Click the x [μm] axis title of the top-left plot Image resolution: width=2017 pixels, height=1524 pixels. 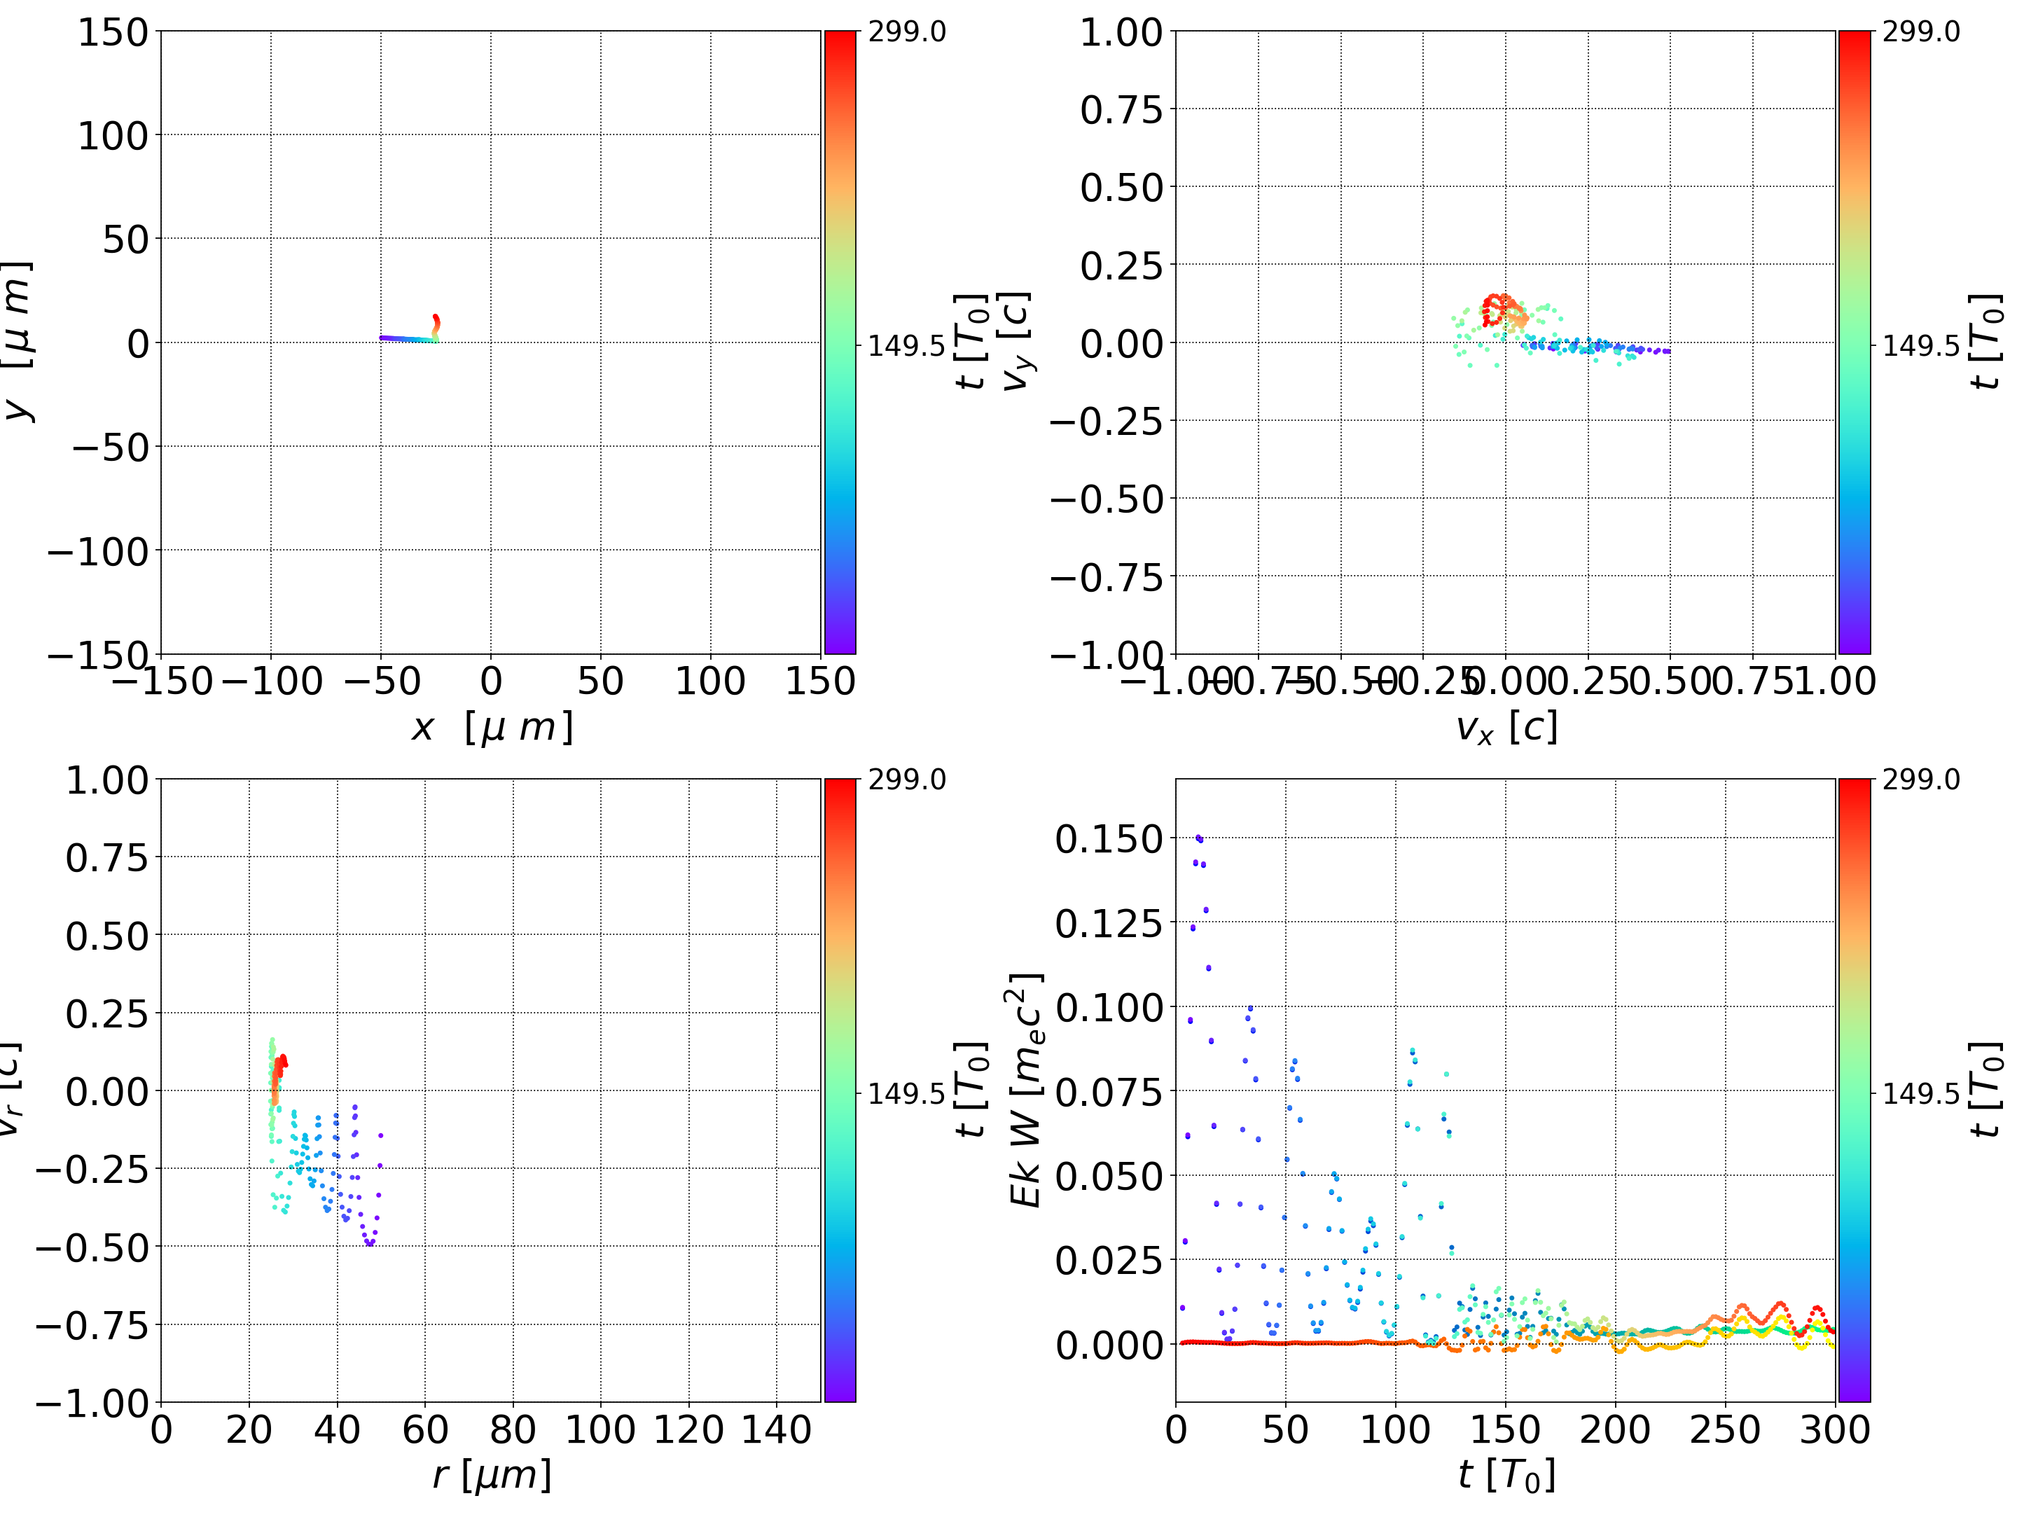point(492,728)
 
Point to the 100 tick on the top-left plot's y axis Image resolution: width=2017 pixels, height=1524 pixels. point(112,136)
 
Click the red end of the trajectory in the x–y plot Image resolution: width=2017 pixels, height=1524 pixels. point(436,318)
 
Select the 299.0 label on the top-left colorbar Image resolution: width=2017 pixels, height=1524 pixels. point(906,33)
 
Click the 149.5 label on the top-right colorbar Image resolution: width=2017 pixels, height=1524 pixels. point(1920,346)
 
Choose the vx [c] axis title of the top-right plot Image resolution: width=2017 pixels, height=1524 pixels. point(1506,728)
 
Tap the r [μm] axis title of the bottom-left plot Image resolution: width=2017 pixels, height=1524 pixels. point(492,1476)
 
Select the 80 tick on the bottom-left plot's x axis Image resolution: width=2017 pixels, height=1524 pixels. point(513,1429)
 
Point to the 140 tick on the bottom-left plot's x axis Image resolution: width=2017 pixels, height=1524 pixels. point(776,1429)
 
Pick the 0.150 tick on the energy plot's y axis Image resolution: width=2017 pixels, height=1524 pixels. point(1109,839)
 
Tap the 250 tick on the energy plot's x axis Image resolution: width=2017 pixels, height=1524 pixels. point(1725,1429)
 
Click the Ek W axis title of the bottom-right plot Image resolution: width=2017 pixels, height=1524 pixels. point(1026,1090)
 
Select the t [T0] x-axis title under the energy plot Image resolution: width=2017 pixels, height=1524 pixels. point(1506,1476)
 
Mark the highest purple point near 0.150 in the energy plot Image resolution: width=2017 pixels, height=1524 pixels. point(1198,837)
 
